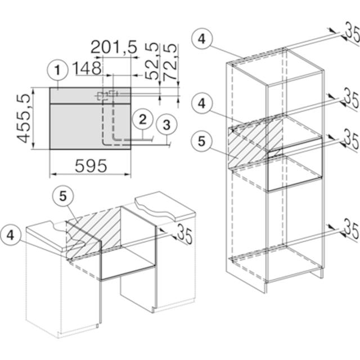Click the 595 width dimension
tap(91, 166)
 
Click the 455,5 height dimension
tap(24, 119)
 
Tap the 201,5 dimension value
tap(114, 47)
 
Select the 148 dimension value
tap(87, 68)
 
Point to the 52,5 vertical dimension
tap(152, 61)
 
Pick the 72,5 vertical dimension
tap(170, 62)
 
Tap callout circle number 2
tap(142, 119)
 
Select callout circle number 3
tap(166, 125)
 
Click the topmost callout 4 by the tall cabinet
tap(202, 39)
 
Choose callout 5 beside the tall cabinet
tap(201, 141)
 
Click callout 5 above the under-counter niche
tap(62, 196)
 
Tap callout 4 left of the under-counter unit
tap(11, 235)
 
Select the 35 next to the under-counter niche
tap(185, 233)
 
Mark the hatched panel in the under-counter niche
tap(93, 232)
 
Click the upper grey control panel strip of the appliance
tap(90, 96)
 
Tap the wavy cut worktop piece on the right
tap(165, 205)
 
